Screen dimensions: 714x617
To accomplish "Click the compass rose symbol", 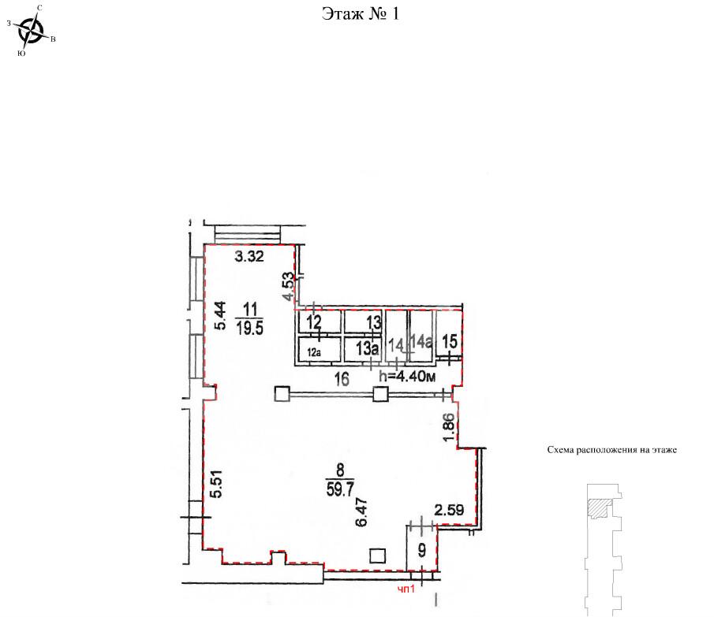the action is point(31,31).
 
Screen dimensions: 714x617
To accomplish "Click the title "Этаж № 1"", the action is point(361,13).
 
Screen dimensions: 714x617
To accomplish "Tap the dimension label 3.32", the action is point(249,256).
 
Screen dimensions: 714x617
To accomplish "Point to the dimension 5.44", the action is point(220,315).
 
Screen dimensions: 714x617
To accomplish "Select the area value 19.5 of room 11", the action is point(250,327).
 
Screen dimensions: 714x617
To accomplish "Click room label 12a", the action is point(314,352).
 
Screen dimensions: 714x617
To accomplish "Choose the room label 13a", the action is point(368,349).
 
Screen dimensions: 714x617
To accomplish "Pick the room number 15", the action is point(450,341).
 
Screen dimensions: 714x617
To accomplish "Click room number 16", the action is point(342,379).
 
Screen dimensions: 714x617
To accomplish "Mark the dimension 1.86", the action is point(449,426).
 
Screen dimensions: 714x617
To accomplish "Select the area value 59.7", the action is point(340,489).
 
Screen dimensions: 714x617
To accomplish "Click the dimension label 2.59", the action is point(449,510).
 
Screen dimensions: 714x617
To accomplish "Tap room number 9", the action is point(422,550).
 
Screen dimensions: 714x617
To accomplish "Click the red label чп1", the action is point(406,589).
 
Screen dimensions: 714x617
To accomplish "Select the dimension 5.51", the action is point(218,483).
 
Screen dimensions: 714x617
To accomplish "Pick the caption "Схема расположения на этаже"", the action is point(612,450).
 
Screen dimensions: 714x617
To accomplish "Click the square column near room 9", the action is point(377,556).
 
